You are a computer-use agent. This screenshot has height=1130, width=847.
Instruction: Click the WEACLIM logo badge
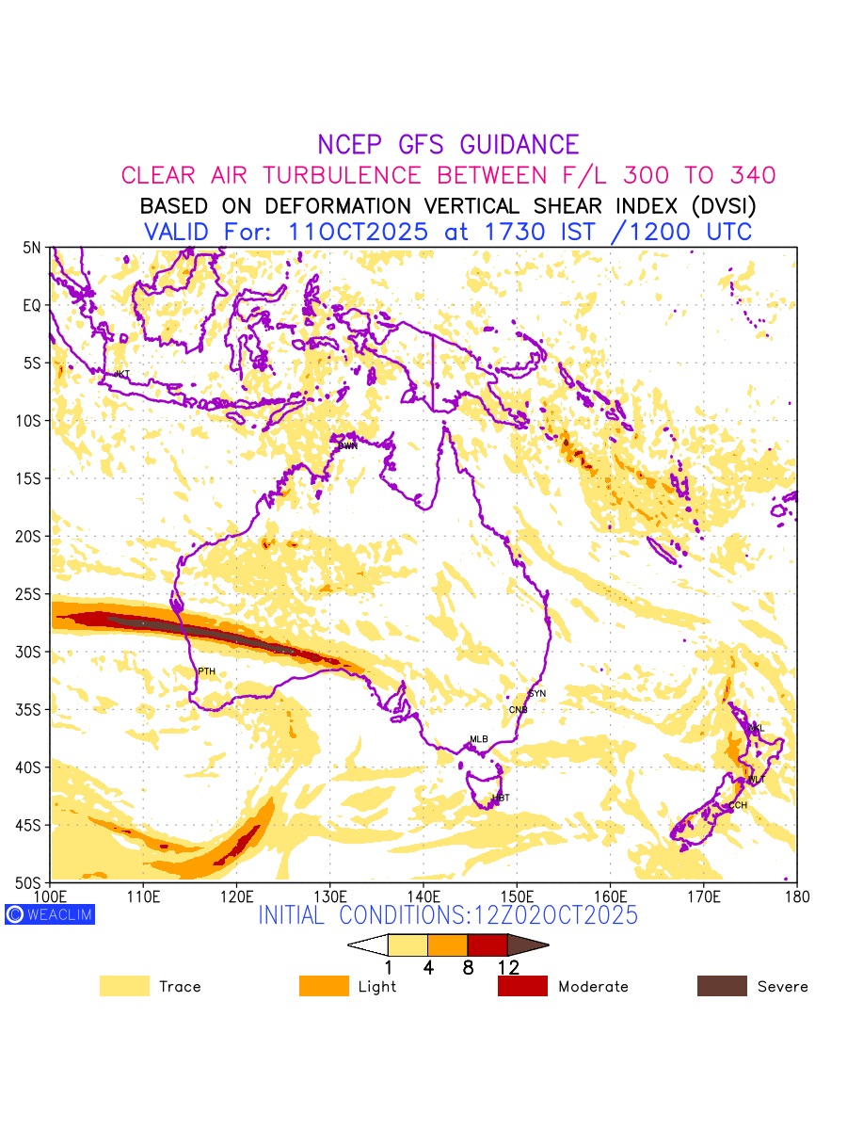click(50, 914)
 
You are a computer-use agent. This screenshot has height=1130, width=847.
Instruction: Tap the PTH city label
click(206, 671)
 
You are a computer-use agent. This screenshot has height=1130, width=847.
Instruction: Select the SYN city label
click(537, 694)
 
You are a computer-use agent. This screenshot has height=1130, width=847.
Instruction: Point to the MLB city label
click(479, 739)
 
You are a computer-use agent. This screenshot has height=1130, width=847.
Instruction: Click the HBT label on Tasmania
click(501, 799)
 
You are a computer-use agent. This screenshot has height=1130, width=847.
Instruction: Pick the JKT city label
click(121, 375)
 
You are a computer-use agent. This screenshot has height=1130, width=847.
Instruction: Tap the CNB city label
click(518, 710)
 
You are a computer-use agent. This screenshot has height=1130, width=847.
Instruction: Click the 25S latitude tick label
click(32, 594)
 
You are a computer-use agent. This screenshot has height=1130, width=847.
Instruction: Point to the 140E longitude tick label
click(423, 894)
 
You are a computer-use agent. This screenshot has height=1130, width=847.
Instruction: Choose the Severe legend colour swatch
click(722, 986)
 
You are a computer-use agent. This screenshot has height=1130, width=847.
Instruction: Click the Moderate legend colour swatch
click(522, 986)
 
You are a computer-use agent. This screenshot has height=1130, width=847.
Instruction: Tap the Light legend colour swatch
click(324, 986)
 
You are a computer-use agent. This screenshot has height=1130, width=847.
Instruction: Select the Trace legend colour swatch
click(124, 986)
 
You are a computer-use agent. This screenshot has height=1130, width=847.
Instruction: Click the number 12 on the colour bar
click(508, 967)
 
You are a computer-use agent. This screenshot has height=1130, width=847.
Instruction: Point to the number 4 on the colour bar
click(428, 967)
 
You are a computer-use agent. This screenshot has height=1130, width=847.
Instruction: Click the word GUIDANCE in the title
click(519, 145)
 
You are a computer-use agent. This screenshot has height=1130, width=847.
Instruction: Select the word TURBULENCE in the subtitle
click(344, 175)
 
